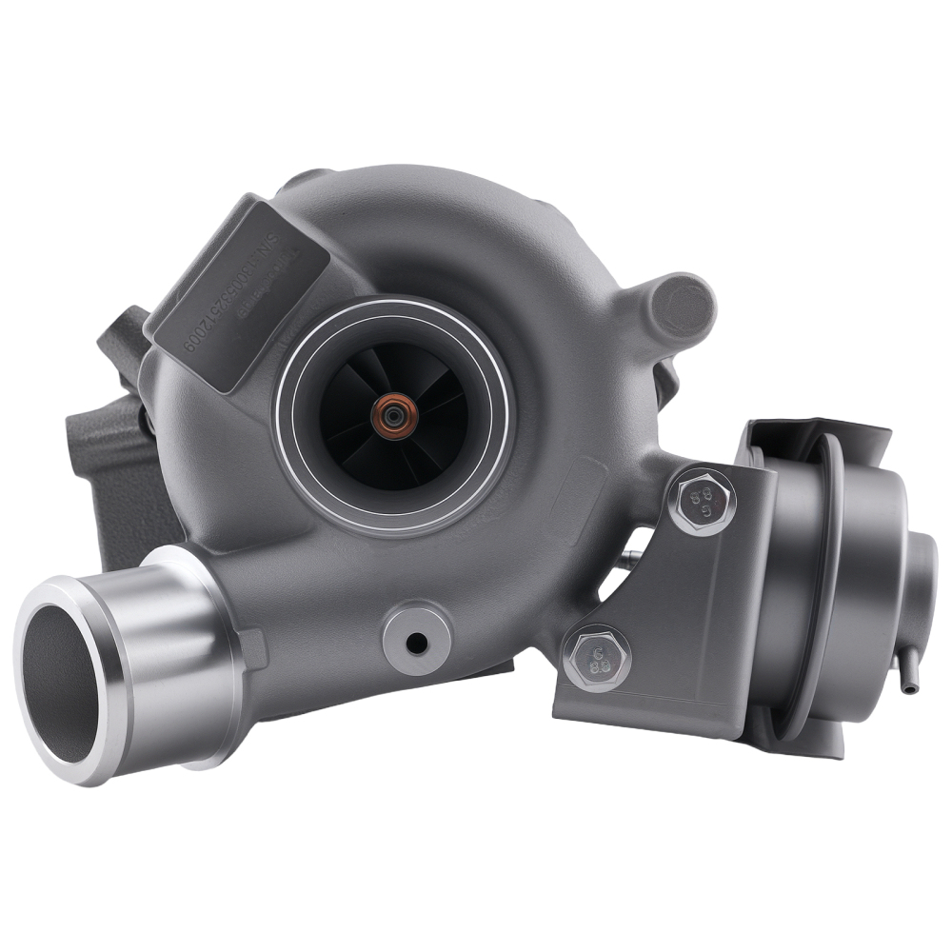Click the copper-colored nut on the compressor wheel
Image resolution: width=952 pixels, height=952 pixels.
click(390, 415)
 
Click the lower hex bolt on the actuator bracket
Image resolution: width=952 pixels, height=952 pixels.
click(597, 657)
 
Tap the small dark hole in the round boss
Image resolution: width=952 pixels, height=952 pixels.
click(417, 644)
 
